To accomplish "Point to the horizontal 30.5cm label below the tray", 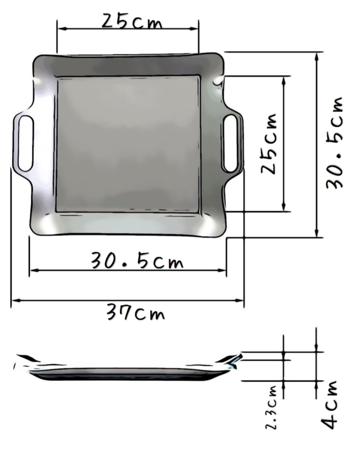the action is point(137,261).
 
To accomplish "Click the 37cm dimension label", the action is point(136,312).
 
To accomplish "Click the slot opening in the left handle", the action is point(25,143).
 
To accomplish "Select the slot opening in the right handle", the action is point(231,143).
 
